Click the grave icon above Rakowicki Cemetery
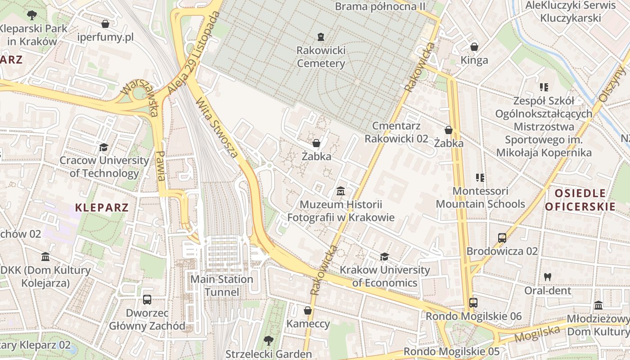(x=320, y=36)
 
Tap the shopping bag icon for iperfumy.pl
(x=105, y=23)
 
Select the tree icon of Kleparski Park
(x=31, y=15)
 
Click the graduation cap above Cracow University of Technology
(x=104, y=147)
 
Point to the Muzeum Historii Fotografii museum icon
(x=341, y=192)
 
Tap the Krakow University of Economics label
(x=385, y=276)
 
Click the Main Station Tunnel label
(x=222, y=286)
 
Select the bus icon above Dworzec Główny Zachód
(x=147, y=300)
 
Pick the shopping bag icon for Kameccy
(x=308, y=310)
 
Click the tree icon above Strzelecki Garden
(x=269, y=341)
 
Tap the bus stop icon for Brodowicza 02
(x=502, y=238)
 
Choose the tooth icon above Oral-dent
(x=548, y=277)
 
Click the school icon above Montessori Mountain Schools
(x=480, y=178)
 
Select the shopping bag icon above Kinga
(x=474, y=47)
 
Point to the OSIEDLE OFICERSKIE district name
(x=580, y=200)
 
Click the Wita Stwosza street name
(x=217, y=128)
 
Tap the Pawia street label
(x=160, y=166)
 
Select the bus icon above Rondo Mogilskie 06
(x=473, y=303)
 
